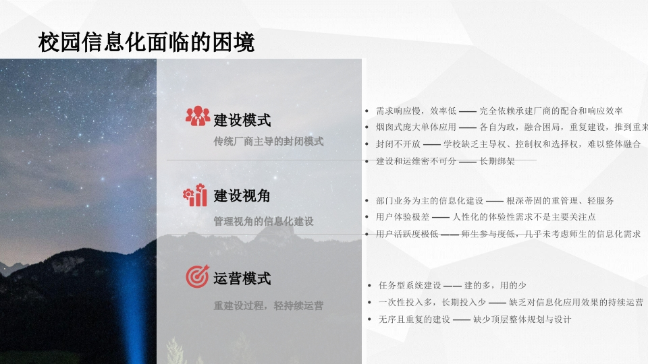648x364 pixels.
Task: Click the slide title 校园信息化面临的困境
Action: coord(146,42)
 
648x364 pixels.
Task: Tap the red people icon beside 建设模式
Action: coord(197,116)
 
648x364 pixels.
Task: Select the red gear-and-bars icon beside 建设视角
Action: coord(195,195)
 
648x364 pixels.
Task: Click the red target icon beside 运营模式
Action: coord(197,276)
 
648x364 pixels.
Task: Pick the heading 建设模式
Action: coord(242,120)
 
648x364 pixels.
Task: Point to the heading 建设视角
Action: coord(242,195)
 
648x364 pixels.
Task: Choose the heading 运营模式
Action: coord(242,278)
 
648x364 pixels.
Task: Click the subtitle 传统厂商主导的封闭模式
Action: coord(269,142)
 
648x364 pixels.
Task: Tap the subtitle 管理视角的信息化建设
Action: coord(263,221)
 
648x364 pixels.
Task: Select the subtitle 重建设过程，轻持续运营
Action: coord(269,305)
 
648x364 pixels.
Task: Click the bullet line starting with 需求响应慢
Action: coord(499,111)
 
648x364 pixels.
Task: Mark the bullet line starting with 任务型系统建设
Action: coord(452,285)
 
